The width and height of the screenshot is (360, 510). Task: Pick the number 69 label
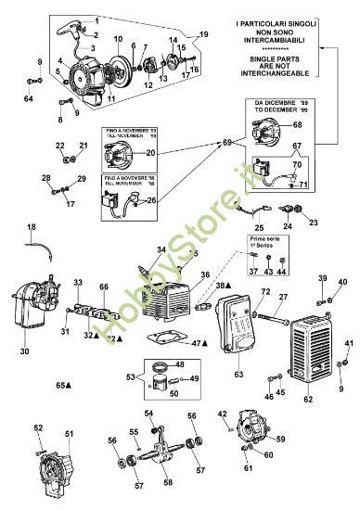click(x=226, y=142)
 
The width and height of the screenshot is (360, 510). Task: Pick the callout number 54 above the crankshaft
click(x=148, y=413)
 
